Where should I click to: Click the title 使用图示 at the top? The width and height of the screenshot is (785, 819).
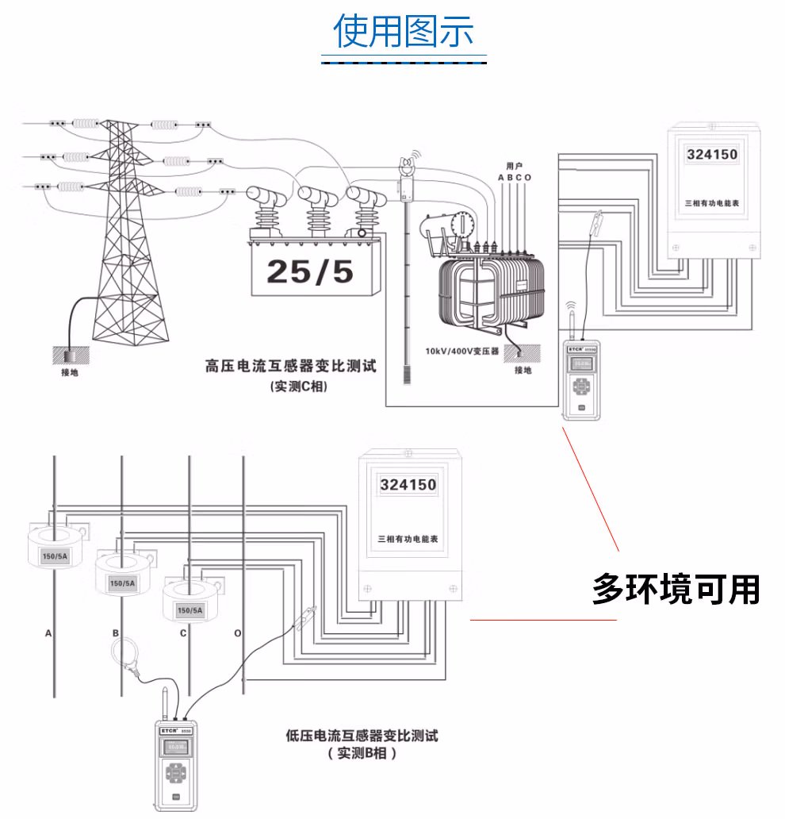tap(404, 32)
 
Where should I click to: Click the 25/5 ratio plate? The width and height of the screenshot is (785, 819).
tap(310, 271)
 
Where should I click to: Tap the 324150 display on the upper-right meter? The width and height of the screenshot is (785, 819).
tap(710, 153)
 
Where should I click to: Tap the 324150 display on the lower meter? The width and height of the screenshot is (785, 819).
tap(408, 484)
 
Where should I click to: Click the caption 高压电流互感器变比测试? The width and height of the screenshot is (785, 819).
tap(289, 367)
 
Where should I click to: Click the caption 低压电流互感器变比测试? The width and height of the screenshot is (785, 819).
tap(362, 736)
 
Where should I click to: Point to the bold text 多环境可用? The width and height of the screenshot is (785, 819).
tap(676, 590)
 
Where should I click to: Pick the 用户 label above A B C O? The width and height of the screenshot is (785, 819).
tap(514, 166)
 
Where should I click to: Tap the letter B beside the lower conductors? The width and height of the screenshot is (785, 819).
tap(116, 633)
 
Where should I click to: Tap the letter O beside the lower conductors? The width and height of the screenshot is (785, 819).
tap(237, 633)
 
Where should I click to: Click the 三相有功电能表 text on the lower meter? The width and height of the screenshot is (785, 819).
tap(408, 539)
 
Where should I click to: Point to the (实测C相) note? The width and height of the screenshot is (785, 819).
tap(299, 386)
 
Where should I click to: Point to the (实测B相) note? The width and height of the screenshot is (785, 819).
tap(362, 754)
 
